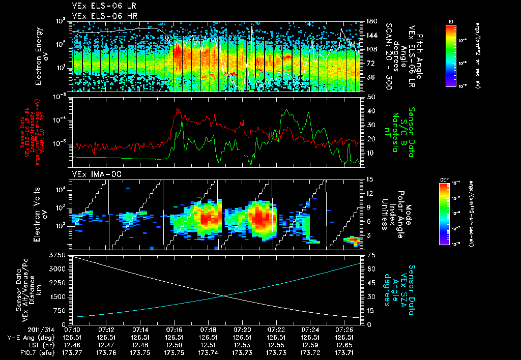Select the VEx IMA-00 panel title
92,174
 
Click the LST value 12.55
276,345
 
